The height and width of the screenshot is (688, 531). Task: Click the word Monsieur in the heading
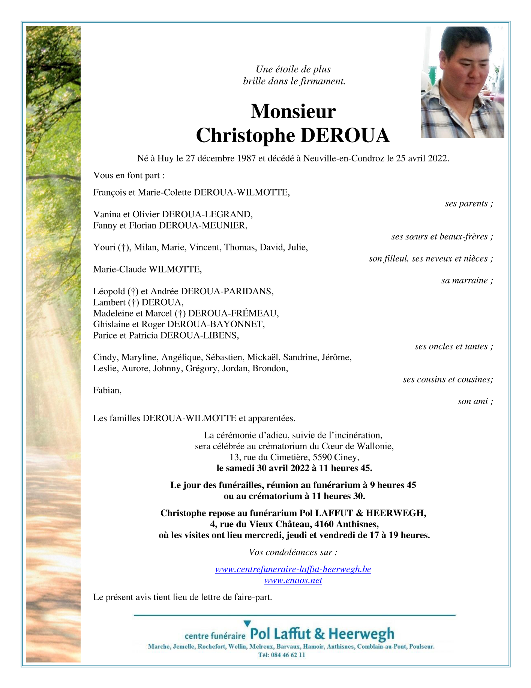[293, 111]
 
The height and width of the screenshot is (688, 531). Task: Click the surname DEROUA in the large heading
[345, 135]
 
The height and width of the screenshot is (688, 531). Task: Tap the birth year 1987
[246, 158]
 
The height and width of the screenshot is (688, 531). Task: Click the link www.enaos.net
[293, 580]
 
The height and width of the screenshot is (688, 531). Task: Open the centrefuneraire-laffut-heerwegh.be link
[293, 569]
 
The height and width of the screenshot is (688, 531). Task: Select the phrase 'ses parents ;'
[469, 204]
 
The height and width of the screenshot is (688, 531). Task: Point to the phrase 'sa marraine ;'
[467, 280]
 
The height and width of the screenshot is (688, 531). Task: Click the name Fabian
[107, 390]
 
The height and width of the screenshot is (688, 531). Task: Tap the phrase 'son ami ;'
[475, 401]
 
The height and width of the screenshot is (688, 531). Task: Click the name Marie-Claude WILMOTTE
[147, 269]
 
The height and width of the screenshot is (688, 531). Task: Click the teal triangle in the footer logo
[247, 623]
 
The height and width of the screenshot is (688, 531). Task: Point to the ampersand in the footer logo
[320, 634]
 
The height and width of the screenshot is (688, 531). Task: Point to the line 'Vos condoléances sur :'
[293, 552]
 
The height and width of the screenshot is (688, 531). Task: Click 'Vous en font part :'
[129, 175]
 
